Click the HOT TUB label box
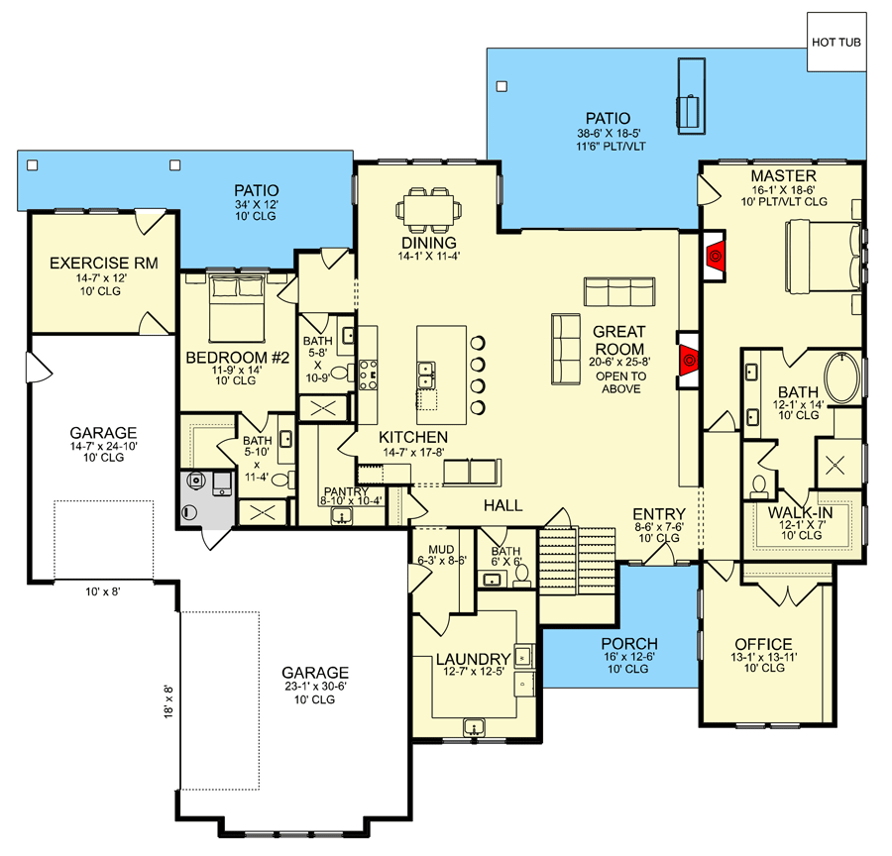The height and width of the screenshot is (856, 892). pyautogui.click(x=836, y=43)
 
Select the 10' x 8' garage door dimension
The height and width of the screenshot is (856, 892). pyautogui.click(x=102, y=592)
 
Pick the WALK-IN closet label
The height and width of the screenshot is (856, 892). pyautogui.click(x=801, y=512)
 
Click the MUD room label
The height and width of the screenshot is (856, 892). pyautogui.click(x=441, y=549)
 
